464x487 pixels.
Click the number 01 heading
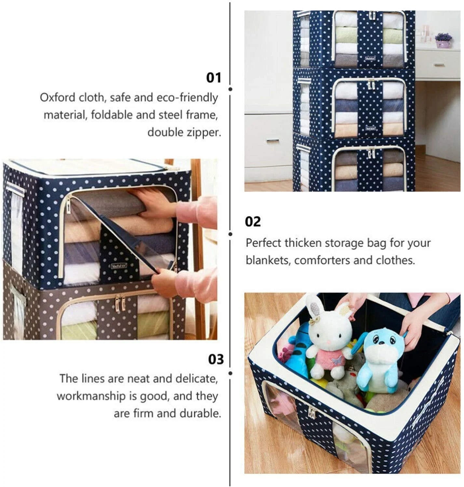tap(213, 78)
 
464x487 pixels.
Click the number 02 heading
tap(253, 222)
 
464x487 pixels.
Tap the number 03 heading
tap(215, 359)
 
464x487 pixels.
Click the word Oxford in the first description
tap(57, 97)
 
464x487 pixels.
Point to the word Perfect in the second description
tap(263, 243)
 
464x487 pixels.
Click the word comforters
tap(322, 260)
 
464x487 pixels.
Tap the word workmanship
tap(91, 396)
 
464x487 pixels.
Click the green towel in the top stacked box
tap(346, 35)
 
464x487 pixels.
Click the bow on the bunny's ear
tap(315, 321)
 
